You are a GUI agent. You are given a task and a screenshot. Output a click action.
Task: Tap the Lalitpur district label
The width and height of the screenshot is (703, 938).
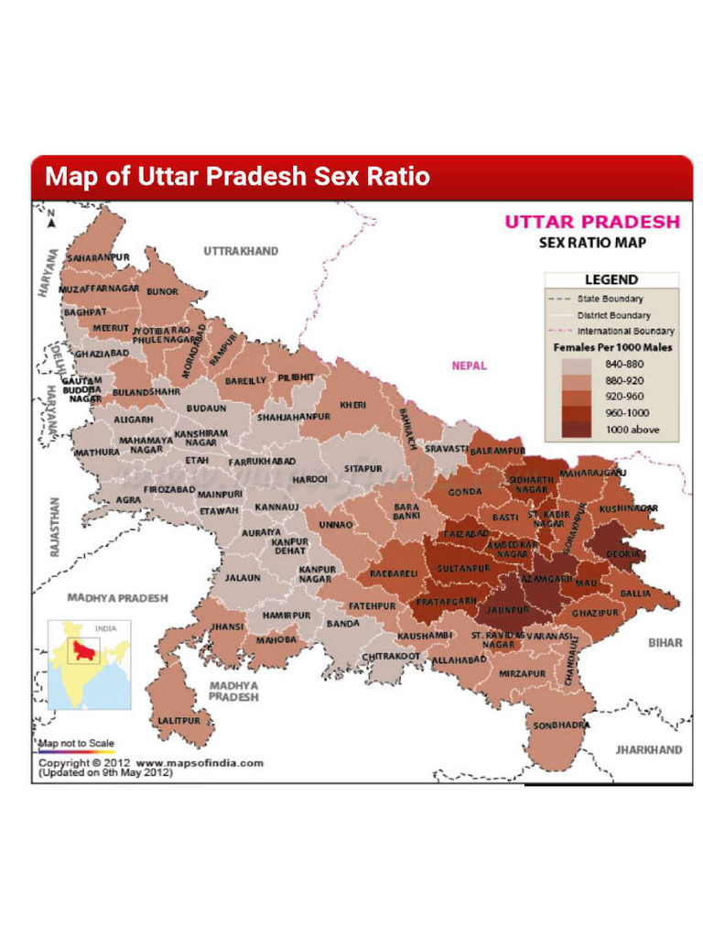tap(178, 721)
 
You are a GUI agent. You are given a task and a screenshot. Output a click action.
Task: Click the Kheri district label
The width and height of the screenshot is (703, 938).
tap(353, 405)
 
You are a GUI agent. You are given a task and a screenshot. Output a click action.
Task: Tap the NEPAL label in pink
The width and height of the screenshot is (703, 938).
tap(470, 365)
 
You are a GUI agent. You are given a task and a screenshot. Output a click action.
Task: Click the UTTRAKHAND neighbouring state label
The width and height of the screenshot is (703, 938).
tap(241, 250)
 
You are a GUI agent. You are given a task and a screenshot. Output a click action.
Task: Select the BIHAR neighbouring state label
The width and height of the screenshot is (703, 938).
tap(665, 643)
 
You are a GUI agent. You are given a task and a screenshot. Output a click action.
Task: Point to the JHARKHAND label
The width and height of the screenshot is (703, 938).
tap(648, 749)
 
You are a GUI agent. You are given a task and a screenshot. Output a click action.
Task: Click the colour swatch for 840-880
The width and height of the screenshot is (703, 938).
tap(577, 364)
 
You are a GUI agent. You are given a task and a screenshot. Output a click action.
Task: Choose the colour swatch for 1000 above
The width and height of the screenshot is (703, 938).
tap(577, 430)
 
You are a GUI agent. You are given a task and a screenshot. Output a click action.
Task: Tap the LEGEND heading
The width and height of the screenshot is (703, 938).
tap(611, 279)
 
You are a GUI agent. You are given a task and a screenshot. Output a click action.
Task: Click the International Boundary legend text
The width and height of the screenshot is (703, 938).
tap(626, 331)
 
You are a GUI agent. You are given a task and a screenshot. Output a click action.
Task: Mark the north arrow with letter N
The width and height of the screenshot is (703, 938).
tap(51, 218)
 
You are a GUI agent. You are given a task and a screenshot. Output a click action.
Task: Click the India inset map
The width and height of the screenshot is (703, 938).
tap(89, 665)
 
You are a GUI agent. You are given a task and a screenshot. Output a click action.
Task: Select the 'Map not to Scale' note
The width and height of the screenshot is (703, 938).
tap(75, 742)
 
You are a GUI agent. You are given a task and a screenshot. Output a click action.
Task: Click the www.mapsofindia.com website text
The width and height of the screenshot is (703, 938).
tap(200, 762)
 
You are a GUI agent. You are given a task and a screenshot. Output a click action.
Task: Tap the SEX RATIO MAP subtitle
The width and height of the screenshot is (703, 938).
tap(592, 243)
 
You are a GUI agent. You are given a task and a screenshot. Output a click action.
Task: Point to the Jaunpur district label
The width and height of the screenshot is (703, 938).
tap(509, 609)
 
